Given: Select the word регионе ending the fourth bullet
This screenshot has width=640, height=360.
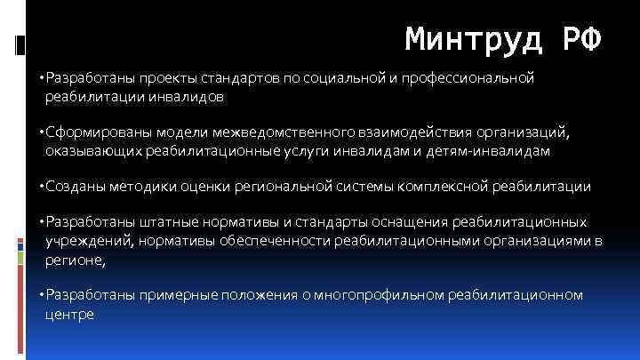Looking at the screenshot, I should pos(74,260).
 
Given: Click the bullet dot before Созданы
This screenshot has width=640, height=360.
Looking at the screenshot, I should pos(43,188).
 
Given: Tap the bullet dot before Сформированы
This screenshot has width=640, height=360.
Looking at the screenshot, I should pos(43,133).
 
